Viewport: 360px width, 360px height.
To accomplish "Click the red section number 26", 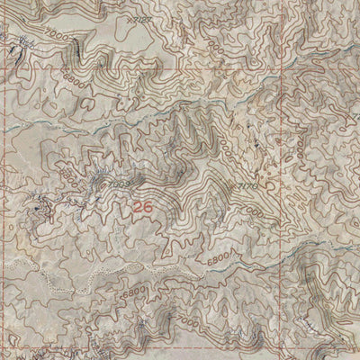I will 141,206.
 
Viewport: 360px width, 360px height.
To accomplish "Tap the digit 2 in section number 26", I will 137,206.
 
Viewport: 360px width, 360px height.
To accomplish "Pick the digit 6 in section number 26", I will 146,206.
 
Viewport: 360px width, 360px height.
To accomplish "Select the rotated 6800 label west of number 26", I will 65,170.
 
